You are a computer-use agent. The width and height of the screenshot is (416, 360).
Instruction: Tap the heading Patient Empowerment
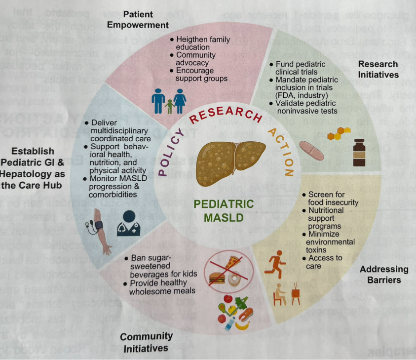coord(145,19)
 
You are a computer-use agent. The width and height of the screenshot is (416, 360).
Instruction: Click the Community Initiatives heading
coord(146,342)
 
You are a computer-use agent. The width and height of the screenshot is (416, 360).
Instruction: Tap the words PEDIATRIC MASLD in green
coord(224,210)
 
